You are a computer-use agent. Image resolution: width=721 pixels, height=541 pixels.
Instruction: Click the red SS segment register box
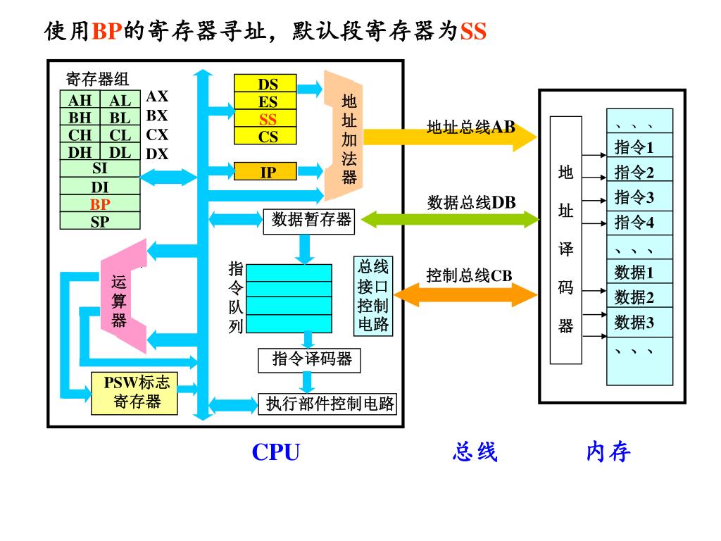click(268, 119)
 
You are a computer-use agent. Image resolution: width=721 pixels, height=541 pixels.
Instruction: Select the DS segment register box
click(268, 85)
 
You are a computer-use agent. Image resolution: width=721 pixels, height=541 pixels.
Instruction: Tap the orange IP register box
click(268, 171)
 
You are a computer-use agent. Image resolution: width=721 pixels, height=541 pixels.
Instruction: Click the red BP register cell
click(100, 204)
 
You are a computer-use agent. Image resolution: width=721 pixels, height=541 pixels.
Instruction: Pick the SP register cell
click(100, 221)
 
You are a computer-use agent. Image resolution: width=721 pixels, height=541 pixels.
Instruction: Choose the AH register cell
click(80, 101)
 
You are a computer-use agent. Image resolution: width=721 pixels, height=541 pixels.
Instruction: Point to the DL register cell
click(120, 151)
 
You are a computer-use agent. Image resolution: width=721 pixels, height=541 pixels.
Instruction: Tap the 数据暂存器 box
click(309, 220)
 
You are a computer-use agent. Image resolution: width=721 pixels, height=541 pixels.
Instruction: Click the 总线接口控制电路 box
click(373, 296)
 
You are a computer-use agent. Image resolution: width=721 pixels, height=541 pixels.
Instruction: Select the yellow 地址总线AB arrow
click(451, 136)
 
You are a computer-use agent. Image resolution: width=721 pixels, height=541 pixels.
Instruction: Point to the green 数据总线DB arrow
click(451, 219)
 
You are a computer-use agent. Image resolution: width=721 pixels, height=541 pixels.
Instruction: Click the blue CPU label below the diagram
click(275, 452)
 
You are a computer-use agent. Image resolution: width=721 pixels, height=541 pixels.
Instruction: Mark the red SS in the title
click(473, 31)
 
